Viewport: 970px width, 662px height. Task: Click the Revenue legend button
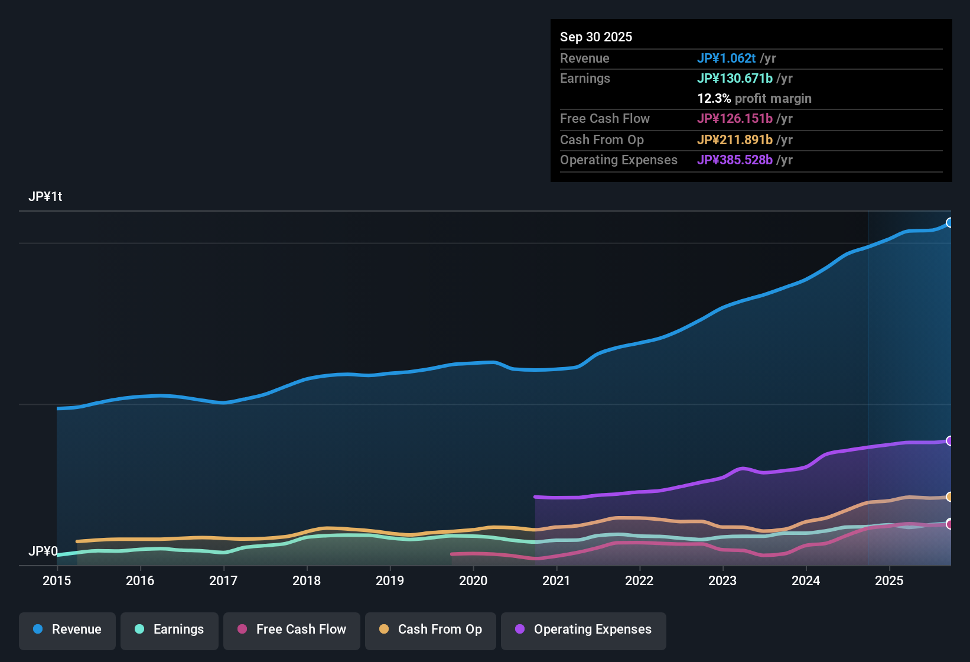coord(67,629)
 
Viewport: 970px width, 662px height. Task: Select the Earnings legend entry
coord(170,629)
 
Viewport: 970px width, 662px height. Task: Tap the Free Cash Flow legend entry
coord(292,629)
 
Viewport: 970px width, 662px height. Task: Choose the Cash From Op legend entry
coord(431,629)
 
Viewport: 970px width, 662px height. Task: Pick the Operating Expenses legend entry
coord(584,629)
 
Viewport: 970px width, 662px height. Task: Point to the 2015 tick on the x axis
coord(57,580)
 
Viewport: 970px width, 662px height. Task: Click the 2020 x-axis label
coord(473,580)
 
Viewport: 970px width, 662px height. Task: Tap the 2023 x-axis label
coord(722,580)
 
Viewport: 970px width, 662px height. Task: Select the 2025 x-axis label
coord(889,580)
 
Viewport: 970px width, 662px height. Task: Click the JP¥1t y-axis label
coord(45,197)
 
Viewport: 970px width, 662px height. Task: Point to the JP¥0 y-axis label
coord(43,551)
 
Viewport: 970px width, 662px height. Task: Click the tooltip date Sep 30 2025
coord(596,37)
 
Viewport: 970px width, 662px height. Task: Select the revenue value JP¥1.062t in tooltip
coord(726,59)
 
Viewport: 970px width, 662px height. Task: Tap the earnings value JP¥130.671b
coord(734,79)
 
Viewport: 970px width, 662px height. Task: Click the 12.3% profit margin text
coord(754,99)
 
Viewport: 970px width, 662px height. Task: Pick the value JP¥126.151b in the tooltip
coord(734,119)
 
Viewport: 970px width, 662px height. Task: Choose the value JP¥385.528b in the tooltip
coord(734,160)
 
